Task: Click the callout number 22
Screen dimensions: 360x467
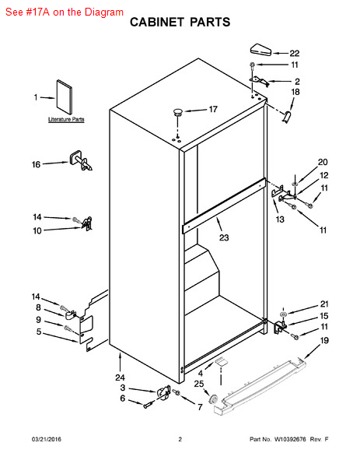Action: pyautogui.click(x=294, y=53)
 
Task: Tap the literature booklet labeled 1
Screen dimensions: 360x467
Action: pyautogui.click(x=65, y=97)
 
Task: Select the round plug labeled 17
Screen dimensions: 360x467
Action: pyautogui.click(x=178, y=112)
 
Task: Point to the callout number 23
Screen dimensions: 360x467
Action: pyautogui.click(x=224, y=237)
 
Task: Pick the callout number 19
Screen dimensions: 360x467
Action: pyautogui.click(x=324, y=340)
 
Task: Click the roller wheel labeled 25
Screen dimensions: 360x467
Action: pyautogui.click(x=213, y=399)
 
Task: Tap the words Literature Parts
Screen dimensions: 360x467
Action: pyautogui.click(x=66, y=119)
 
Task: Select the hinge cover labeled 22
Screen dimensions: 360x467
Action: pyautogui.click(x=261, y=50)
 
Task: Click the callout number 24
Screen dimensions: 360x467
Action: pyautogui.click(x=121, y=377)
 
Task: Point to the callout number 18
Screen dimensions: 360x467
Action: pyautogui.click(x=295, y=92)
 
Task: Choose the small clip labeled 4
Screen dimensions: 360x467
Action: pyautogui.click(x=220, y=362)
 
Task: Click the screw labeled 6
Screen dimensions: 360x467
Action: pyautogui.click(x=149, y=405)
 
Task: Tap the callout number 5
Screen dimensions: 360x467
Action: pyautogui.click(x=39, y=332)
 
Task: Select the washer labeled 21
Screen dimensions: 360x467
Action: pyautogui.click(x=283, y=314)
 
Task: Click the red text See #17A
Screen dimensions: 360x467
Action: pyautogui.click(x=27, y=12)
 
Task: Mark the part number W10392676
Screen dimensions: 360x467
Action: pyautogui.click(x=290, y=439)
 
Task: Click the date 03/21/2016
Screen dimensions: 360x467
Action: pyautogui.click(x=47, y=439)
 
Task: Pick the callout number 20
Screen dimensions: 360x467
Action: pyautogui.click(x=323, y=162)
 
